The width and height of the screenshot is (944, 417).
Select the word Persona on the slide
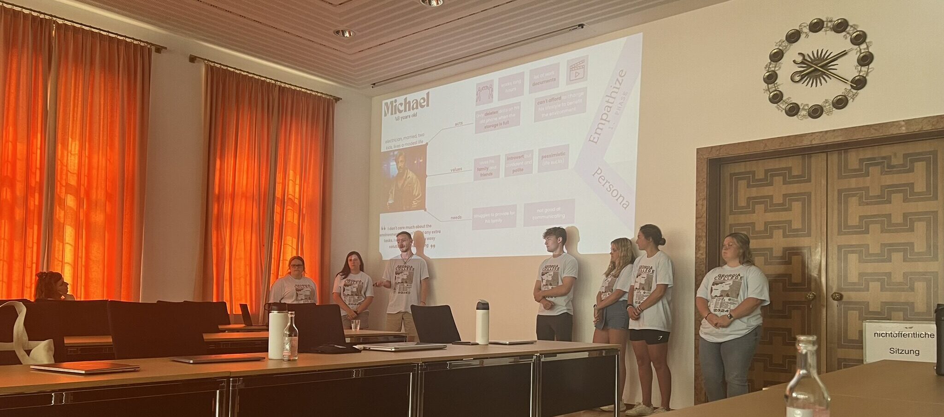(611, 189)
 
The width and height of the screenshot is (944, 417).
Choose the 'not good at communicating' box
(549, 213)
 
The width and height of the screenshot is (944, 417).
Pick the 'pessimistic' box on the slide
(553, 158)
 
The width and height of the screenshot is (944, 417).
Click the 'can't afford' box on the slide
(560, 104)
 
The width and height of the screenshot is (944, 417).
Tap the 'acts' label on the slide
(459, 123)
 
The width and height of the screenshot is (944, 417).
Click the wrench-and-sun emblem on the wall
(815, 68)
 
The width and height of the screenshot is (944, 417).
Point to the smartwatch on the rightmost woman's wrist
(730, 317)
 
